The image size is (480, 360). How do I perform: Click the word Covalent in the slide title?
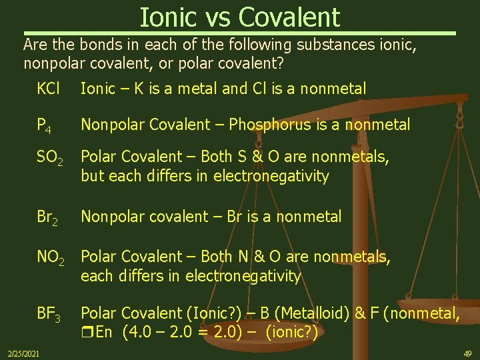coord(290,17)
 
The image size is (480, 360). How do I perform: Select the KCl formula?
coord(48,88)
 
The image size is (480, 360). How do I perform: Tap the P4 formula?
coord(45,125)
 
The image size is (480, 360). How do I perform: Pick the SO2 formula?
coord(50,158)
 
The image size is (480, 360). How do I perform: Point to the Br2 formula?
coord(47,217)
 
